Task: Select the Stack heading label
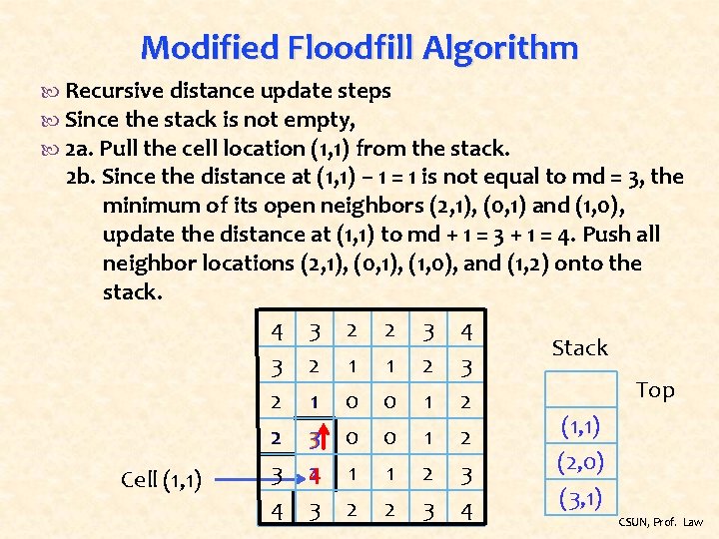[x=579, y=347]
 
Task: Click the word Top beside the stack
[x=655, y=390]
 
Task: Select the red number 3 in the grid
[x=312, y=439]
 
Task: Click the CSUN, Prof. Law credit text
[x=661, y=522]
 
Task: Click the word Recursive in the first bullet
[x=109, y=91]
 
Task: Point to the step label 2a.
[x=79, y=149]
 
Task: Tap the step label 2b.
[x=80, y=178]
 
